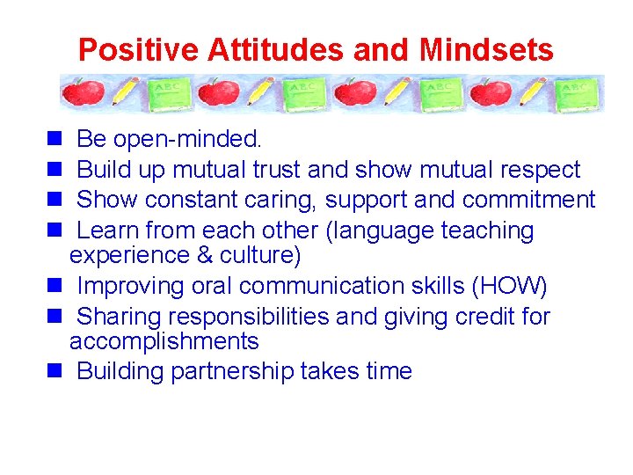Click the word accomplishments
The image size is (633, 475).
[164, 341]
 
